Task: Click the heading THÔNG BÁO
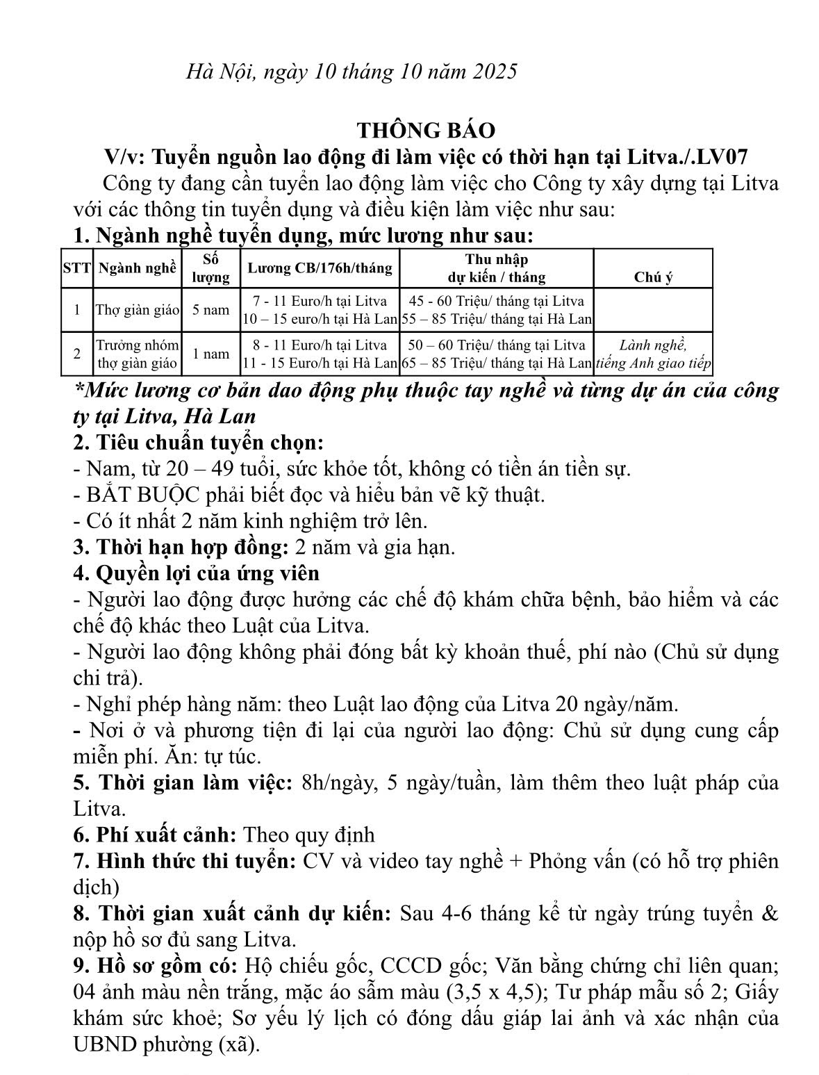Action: tap(427, 130)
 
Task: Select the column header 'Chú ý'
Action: tap(653, 277)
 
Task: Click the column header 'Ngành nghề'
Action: tap(138, 268)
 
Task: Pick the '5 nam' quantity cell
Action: tap(211, 310)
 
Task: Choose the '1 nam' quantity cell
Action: tap(211, 354)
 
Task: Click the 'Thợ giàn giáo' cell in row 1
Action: tap(138, 310)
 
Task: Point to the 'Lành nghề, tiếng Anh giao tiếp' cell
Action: tap(653, 354)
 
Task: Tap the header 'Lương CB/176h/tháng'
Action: tap(320, 268)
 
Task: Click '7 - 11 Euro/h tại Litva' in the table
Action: tap(320, 302)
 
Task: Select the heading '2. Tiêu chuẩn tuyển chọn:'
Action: tap(199, 443)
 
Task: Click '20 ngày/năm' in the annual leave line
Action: tap(615, 704)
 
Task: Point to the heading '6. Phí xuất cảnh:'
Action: tap(156, 834)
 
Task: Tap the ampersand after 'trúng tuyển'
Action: tap(770, 913)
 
